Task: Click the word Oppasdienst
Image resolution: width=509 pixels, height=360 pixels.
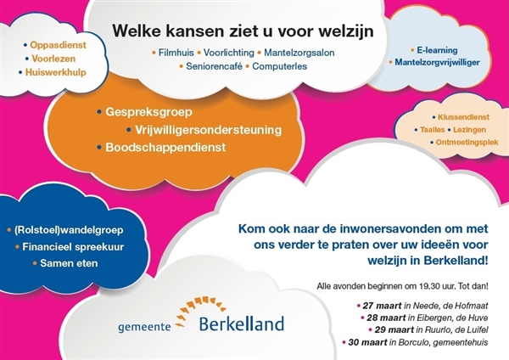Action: [58, 45]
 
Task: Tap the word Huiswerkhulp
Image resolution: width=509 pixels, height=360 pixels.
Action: [56, 72]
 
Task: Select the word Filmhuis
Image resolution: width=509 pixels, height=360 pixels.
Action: [176, 53]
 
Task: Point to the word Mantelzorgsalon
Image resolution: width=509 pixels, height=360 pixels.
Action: [299, 53]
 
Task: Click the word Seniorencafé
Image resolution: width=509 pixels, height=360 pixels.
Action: [215, 66]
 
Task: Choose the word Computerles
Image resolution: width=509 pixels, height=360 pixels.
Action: [279, 66]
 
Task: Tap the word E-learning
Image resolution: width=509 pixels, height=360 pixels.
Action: [437, 50]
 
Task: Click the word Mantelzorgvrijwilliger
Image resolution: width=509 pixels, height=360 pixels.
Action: [437, 62]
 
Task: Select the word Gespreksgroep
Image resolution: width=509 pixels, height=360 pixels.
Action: [148, 112]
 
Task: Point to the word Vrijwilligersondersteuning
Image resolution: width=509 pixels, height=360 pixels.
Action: [209, 130]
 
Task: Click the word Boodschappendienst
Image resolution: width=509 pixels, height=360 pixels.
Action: [165, 147]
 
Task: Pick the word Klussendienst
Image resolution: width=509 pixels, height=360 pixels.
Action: [463, 117]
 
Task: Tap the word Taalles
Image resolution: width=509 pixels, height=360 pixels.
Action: [433, 130]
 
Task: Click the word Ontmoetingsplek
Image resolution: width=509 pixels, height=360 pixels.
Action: [467, 143]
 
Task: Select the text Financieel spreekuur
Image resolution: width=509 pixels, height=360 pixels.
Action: [73, 247]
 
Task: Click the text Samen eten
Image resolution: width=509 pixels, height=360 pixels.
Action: [69, 263]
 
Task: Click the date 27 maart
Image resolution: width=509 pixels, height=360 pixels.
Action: [382, 306]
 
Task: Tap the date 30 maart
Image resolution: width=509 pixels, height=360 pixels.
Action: [367, 342]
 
